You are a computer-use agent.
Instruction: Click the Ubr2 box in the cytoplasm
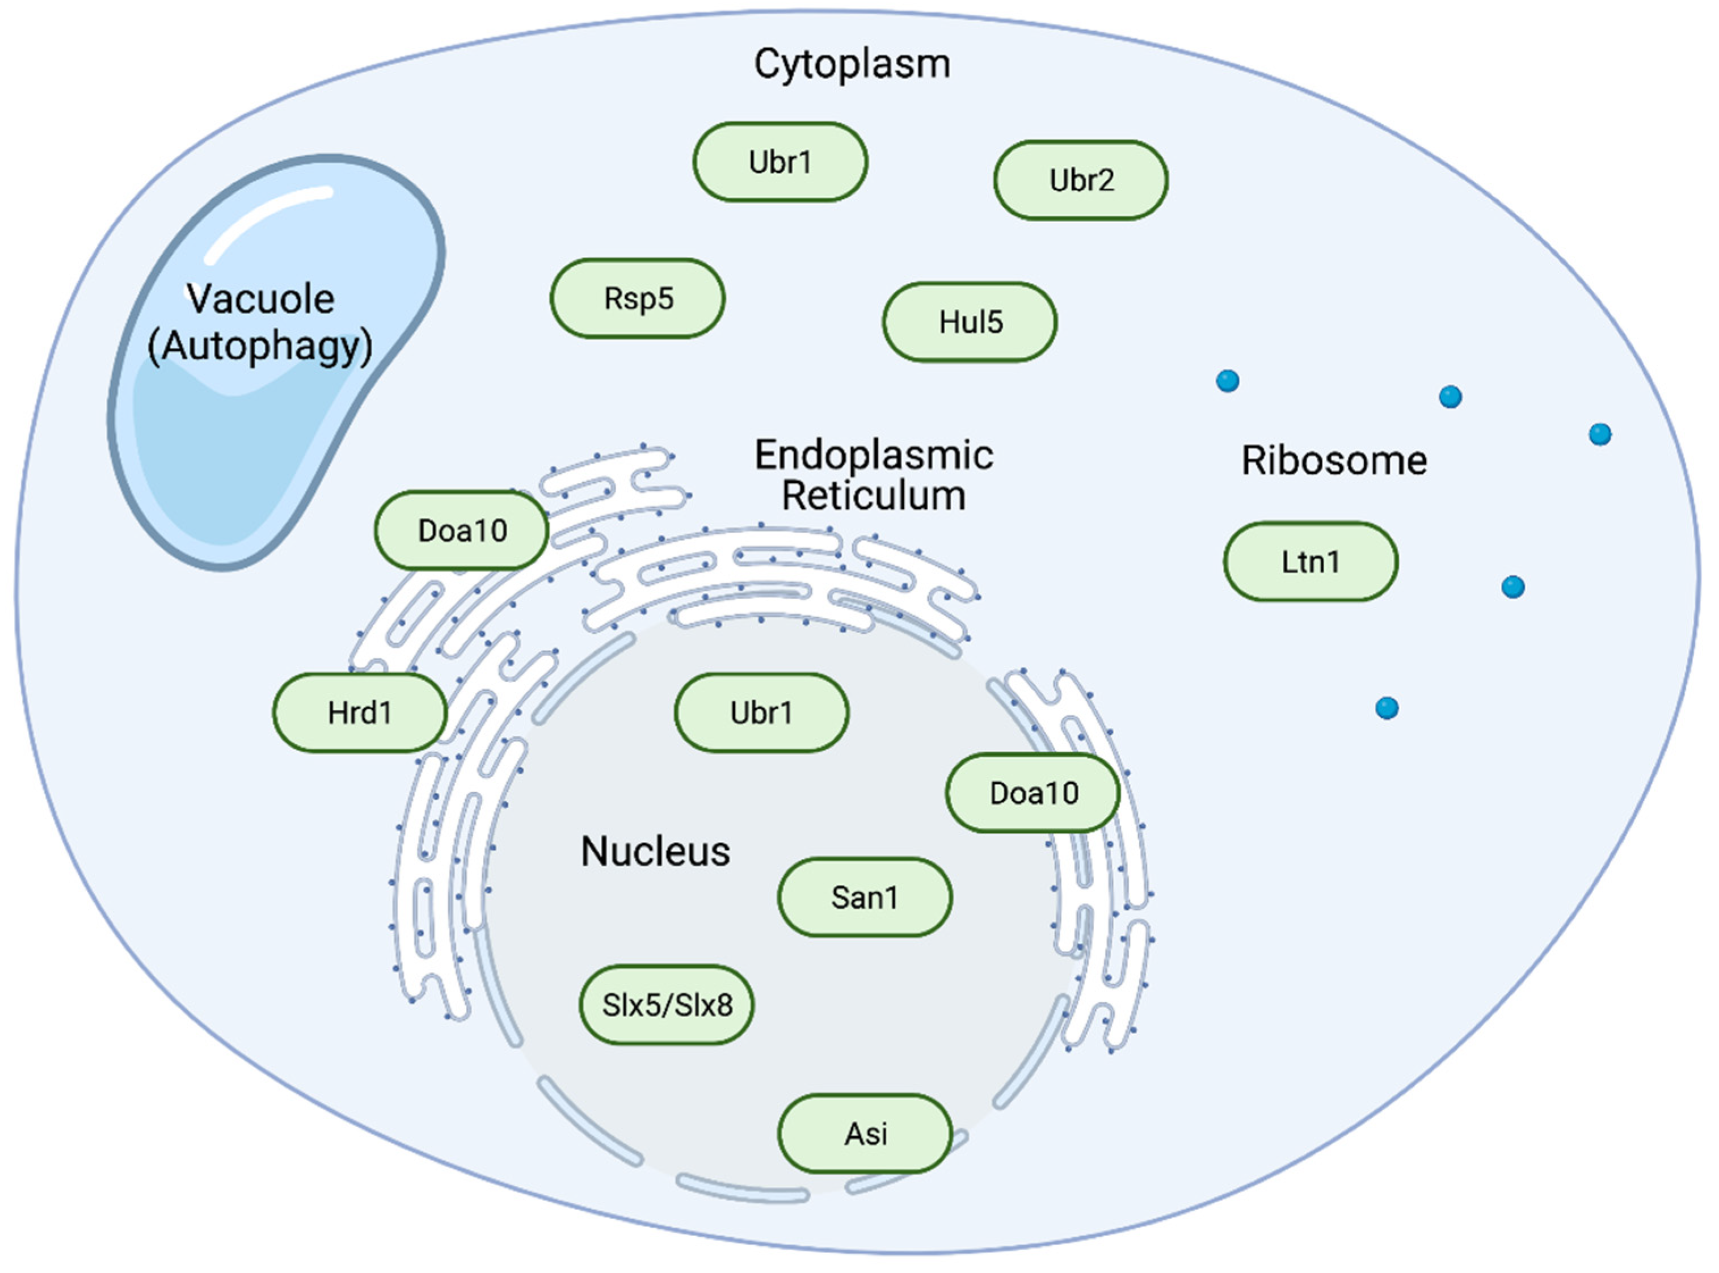(1080, 180)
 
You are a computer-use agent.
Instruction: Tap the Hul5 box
(970, 322)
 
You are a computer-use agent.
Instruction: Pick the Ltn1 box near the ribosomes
(1310, 562)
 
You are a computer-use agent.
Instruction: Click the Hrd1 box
(359, 713)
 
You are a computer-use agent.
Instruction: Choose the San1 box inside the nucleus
(865, 897)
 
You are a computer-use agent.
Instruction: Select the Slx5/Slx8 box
(667, 1005)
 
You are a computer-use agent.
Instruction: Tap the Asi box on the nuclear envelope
(865, 1133)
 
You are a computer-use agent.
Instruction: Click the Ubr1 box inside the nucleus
(761, 713)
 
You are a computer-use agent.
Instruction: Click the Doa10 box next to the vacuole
(462, 530)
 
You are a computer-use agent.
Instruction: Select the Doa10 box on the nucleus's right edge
(1033, 793)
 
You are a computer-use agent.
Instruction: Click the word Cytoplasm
(852, 64)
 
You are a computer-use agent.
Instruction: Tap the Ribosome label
(1334, 461)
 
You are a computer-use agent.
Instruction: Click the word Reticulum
(873, 495)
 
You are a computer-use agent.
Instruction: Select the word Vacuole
(260, 299)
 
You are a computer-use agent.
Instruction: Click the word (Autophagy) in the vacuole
(260, 346)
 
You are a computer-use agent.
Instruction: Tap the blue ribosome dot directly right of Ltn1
(1512, 587)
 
